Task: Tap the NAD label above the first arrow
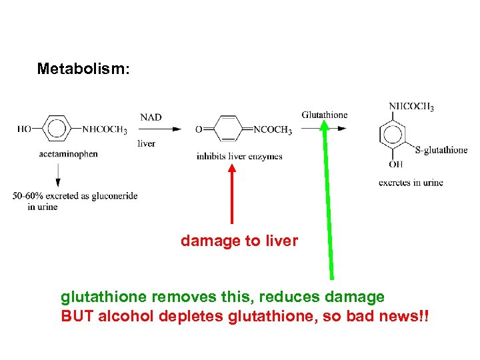pyautogui.click(x=151, y=117)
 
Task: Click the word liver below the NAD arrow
pyautogui.click(x=146, y=143)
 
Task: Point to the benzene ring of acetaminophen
pyautogui.click(x=57, y=129)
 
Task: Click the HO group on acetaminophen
pyautogui.click(x=25, y=129)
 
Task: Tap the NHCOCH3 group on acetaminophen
pyautogui.click(x=105, y=130)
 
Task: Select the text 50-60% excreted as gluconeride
pyautogui.click(x=75, y=196)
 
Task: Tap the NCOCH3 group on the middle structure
pyautogui.click(x=273, y=130)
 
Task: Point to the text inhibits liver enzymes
pyautogui.click(x=239, y=157)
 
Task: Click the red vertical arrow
pyautogui.click(x=232, y=193)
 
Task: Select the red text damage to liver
pyautogui.click(x=239, y=241)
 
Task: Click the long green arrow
pyautogui.click(x=328, y=200)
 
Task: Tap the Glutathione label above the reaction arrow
pyautogui.click(x=325, y=115)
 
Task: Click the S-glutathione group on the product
pyautogui.click(x=441, y=150)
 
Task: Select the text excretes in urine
pyautogui.click(x=411, y=183)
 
